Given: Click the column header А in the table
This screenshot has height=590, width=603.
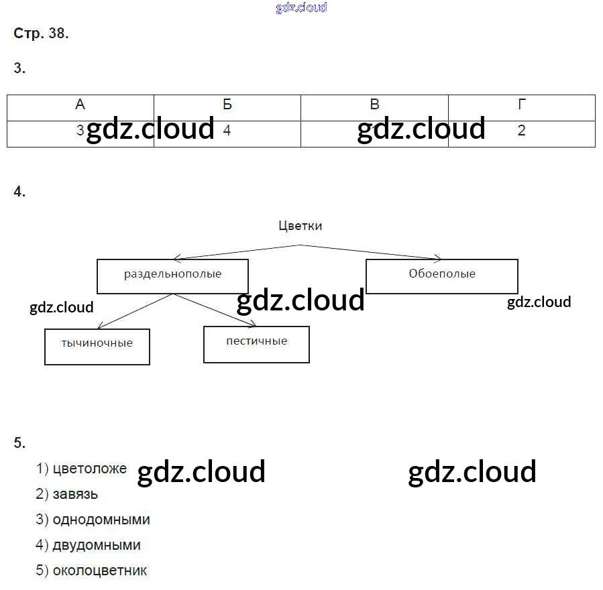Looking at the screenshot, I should pos(80,105).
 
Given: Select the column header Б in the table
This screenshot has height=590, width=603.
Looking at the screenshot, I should pos(227,105).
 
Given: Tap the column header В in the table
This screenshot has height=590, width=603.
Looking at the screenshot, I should pos(374,105).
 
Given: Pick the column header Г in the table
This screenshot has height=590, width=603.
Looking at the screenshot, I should pos(522,105).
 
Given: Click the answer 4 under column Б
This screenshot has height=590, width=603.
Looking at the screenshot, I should pos(227,131).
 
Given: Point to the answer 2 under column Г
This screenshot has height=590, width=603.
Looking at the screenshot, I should pos(522,131).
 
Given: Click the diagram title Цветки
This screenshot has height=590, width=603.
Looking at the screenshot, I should pos(300,226).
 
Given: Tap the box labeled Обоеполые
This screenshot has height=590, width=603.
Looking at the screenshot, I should pos(441,276).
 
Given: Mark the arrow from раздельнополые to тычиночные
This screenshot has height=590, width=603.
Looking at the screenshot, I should pos(135,311).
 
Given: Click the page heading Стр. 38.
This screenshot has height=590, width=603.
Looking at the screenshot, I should pos(41,34).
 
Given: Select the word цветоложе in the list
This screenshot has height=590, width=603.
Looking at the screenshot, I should pos(90,469).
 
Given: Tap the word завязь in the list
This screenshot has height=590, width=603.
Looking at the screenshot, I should pos(76,495).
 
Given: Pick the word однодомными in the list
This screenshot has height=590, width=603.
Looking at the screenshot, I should pos(101,520).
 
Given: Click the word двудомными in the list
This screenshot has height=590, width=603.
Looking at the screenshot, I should pos(97,546).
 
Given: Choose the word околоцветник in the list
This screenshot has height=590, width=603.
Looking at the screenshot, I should pos(100,571).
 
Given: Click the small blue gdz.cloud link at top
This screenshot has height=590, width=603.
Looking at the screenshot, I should pos(301,7).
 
